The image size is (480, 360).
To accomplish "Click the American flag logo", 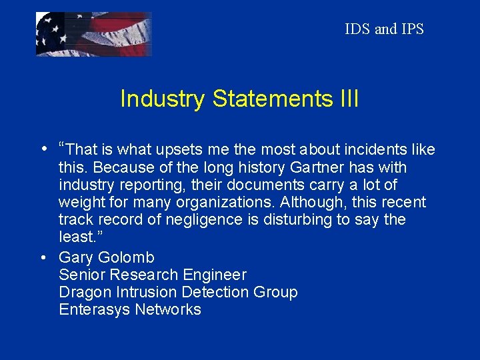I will pos(93,34).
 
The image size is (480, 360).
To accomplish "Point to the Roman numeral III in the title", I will pos(347,99).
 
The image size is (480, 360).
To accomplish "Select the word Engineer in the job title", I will pos(216,275).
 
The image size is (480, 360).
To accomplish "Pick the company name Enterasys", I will pos(95,309).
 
